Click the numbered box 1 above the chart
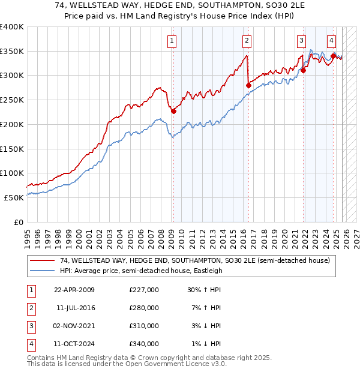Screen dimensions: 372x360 (172, 41)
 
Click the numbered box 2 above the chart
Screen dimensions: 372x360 (247, 41)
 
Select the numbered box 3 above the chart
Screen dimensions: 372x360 (301, 41)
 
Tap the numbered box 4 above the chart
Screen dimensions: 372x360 (331, 41)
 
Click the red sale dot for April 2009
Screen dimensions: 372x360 (173, 111)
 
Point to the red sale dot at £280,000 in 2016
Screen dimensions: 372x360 (248, 85)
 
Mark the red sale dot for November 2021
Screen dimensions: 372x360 (304, 70)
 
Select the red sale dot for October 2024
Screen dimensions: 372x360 (333, 56)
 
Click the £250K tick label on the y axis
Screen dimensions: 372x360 (11, 100)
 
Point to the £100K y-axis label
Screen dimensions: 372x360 (11, 173)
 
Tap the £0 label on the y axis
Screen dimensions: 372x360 (18, 221)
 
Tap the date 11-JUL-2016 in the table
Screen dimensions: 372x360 (76, 308)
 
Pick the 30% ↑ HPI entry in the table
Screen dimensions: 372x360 (205, 290)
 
